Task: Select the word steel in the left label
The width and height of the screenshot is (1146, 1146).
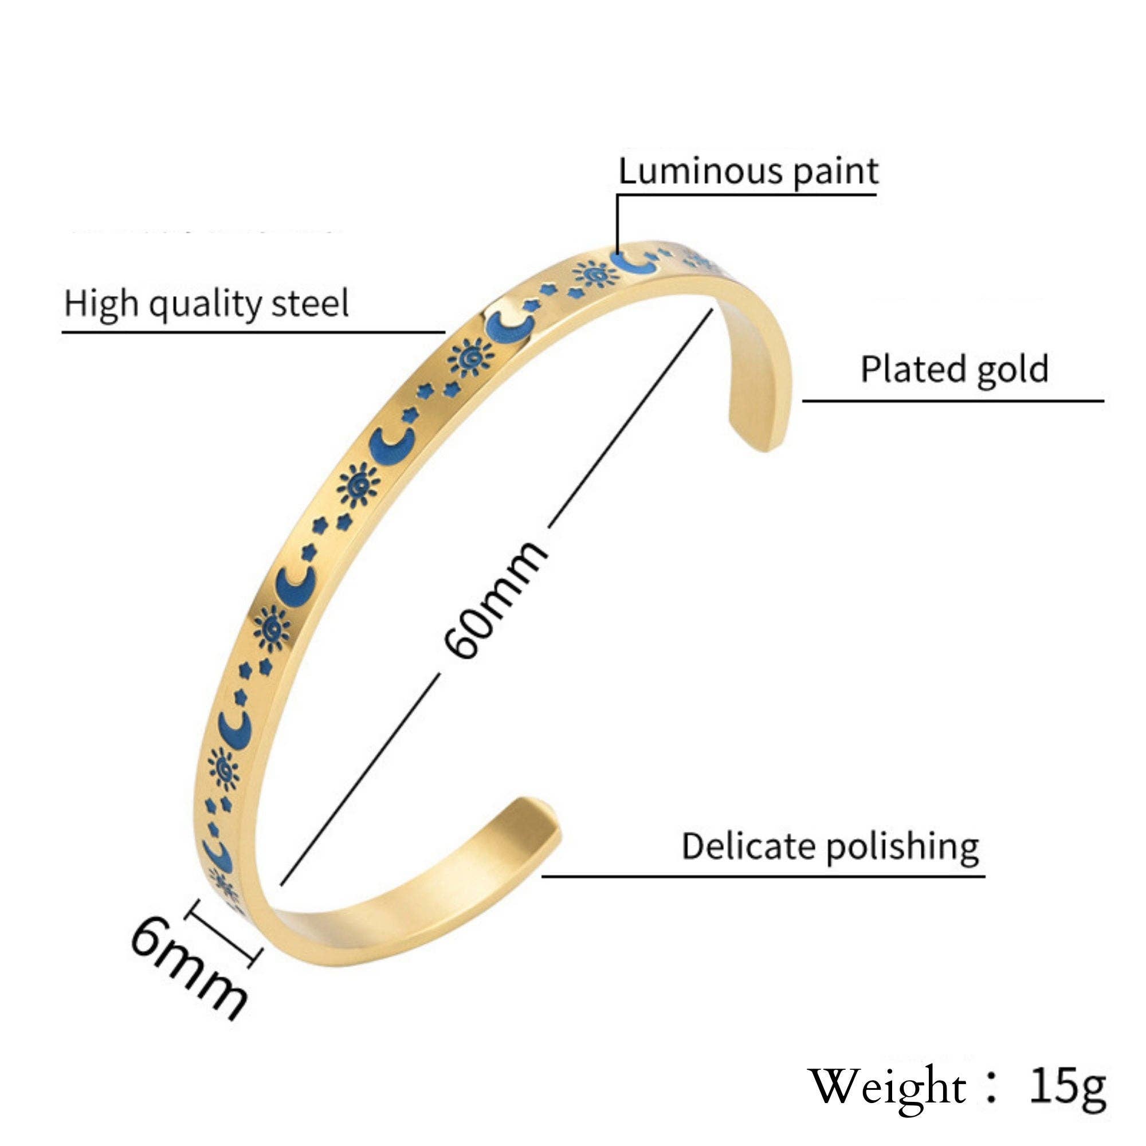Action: [309, 304]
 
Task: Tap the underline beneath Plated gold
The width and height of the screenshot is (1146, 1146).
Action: [953, 401]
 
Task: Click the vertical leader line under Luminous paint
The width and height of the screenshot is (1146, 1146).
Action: [617, 222]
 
